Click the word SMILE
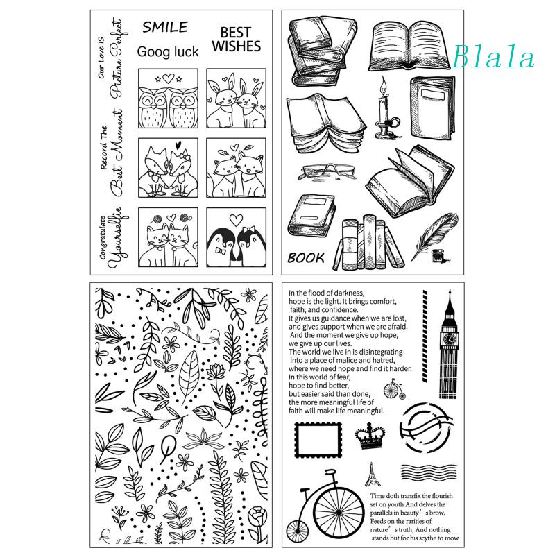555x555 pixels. coord(165,28)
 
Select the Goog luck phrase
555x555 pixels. coord(167,51)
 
